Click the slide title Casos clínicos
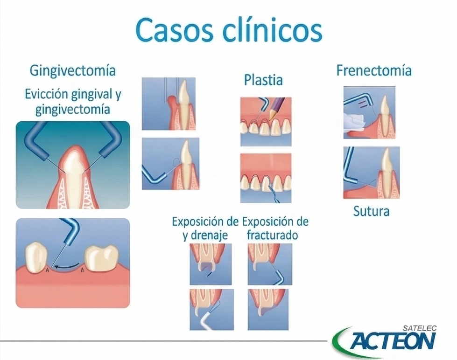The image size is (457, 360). tap(229, 31)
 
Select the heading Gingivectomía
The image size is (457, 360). tap(72, 71)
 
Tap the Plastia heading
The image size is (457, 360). tap(263, 80)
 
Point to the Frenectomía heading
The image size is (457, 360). tap(374, 71)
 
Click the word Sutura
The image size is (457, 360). tap(371, 211)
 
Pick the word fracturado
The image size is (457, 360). tap(272, 235)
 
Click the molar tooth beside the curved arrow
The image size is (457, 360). tap(101, 258)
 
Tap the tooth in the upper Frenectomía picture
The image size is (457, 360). tap(385, 112)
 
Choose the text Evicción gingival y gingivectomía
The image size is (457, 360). tap(72, 102)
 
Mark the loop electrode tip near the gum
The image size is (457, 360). tap(176, 162)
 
